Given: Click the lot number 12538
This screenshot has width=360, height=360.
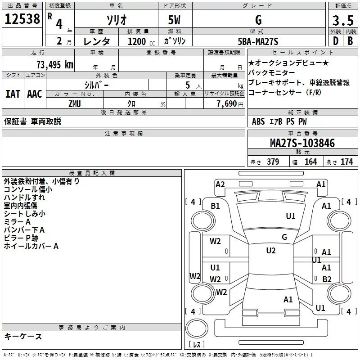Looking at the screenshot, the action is click(22, 19).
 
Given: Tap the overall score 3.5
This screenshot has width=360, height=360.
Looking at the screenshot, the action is click(343, 20).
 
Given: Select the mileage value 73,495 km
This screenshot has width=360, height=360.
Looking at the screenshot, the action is click(55, 65).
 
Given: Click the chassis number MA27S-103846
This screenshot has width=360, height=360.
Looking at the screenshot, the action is click(302, 143).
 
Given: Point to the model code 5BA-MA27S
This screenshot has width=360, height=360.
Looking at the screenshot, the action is click(258, 41).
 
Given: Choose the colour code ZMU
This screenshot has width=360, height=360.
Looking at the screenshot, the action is click(75, 104).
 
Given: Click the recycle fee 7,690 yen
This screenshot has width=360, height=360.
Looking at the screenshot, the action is click(230, 104).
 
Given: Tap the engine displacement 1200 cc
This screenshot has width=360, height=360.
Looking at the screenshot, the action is click(141, 41).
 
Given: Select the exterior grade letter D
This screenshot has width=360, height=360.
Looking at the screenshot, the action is click(336, 41).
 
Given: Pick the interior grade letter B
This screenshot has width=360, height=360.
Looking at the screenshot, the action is click(350, 41).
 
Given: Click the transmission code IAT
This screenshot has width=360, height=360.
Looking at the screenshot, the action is click(13, 94).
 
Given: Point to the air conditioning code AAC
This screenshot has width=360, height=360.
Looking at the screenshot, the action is click(35, 94).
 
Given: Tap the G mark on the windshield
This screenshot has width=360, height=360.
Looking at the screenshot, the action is click(284, 237).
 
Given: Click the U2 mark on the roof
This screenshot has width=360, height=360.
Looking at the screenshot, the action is click(271, 251).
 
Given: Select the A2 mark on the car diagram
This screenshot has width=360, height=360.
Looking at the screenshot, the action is click(220, 184).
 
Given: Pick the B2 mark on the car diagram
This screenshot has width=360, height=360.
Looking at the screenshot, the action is click(327, 279).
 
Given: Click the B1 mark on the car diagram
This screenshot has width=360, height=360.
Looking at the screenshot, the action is click(215, 206).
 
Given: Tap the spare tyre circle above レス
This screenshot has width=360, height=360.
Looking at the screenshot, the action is click(197, 328).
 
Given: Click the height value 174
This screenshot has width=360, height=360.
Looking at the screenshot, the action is click(346, 162).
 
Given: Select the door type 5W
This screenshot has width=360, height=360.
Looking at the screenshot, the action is click(174, 20).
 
